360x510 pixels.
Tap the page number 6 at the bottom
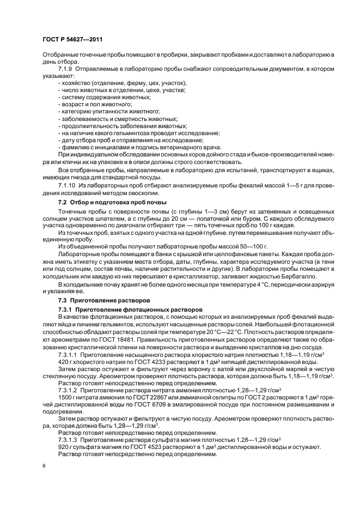pos(44,466)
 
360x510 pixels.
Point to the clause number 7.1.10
pos(69,187)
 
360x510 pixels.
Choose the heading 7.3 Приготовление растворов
pos(97,301)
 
